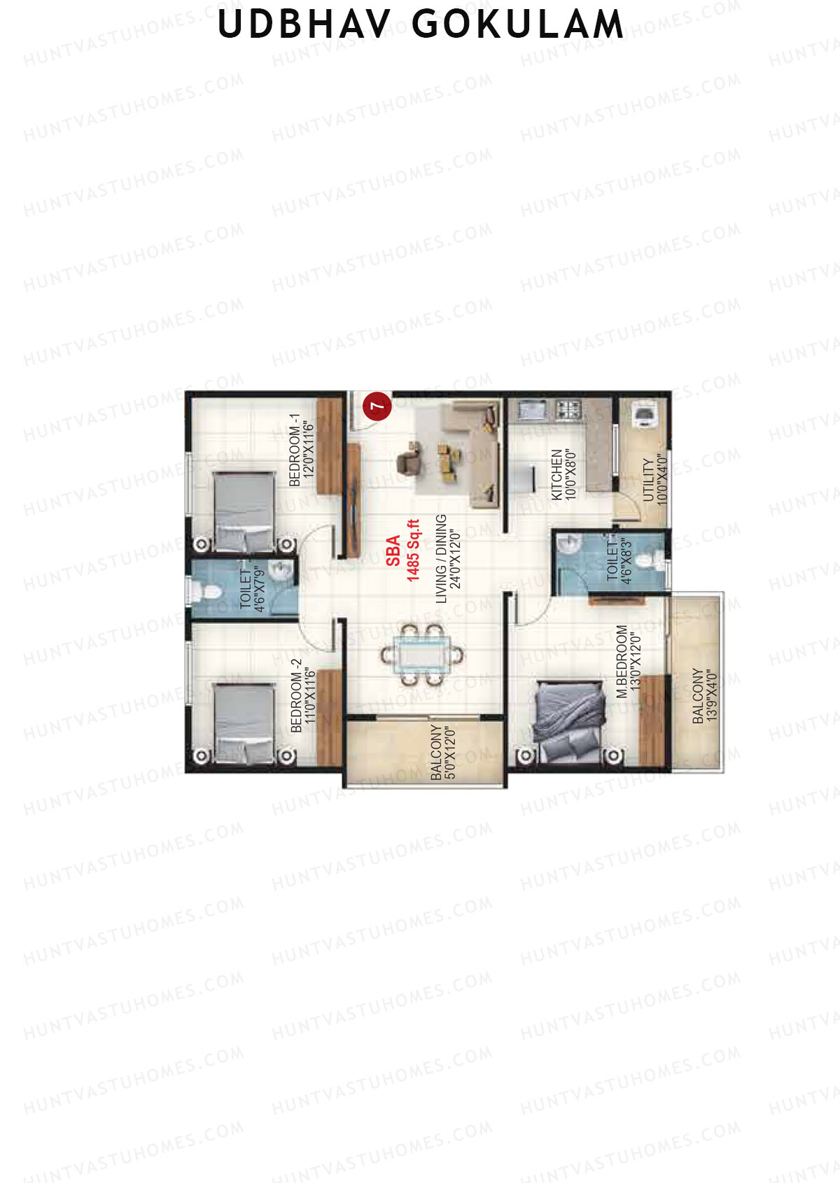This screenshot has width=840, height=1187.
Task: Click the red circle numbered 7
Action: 377,406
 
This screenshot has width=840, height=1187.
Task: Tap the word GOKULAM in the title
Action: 517,24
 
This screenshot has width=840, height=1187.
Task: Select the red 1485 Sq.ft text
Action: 414,550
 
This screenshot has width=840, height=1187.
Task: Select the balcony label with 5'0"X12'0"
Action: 443,752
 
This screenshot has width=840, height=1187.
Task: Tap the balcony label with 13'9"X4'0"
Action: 705,695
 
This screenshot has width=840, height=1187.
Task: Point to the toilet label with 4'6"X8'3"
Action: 619,561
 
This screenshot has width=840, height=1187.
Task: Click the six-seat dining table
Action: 421,655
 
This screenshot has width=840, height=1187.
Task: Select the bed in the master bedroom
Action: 568,722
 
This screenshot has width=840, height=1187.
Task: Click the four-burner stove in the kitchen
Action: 568,408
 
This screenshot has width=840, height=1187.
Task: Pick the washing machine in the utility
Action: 644,414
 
